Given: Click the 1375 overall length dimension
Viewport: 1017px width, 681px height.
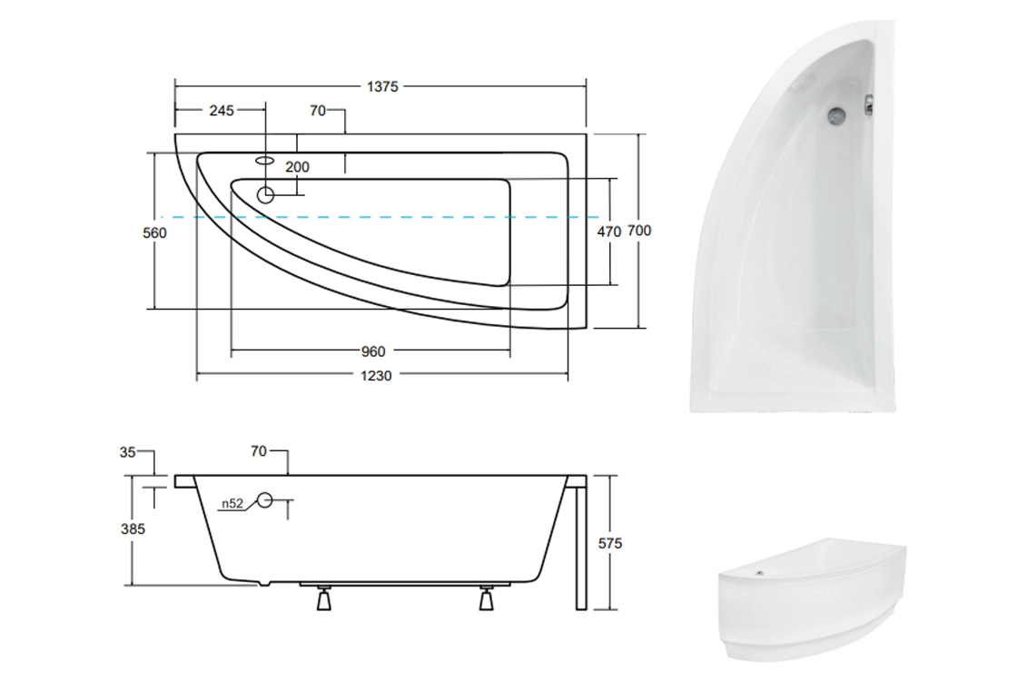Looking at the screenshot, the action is [382, 86].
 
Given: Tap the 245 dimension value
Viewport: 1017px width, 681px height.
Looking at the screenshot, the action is [222, 111].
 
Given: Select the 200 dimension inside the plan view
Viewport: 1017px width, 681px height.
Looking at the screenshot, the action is [297, 167].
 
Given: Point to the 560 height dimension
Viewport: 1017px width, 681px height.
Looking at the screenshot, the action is [154, 232].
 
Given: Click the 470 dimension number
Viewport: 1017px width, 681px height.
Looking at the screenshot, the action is [609, 231].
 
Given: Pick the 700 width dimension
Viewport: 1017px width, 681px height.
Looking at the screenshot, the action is [639, 231].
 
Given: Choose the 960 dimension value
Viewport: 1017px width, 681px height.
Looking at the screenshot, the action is [373, 351].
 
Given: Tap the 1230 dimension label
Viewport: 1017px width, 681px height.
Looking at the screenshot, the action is [376, 376].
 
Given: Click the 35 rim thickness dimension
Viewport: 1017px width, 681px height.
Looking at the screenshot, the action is [128, 451].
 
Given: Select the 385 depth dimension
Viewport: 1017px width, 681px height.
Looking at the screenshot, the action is [133, 529].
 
